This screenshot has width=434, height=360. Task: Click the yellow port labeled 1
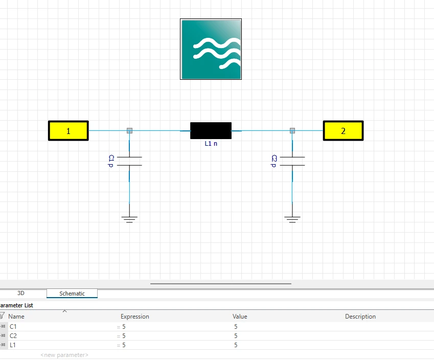(68, 131)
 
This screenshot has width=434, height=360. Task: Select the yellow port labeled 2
(343, 131)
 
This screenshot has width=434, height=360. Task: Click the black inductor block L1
(211, 131)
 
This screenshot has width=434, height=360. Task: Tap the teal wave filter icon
(211, 49)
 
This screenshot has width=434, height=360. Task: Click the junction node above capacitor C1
(129, 131)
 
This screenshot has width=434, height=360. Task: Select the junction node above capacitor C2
(292, 131)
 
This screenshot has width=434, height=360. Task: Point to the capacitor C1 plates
(129, 161)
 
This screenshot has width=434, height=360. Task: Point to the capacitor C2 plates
(292, 161)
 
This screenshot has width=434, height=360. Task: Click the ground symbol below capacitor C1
(129, 219)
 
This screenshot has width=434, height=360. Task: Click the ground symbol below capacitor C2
(292, 219)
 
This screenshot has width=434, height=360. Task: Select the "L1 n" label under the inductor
(211, 144)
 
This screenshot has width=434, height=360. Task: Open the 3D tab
(21, 293)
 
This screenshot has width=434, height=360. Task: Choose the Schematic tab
(72, 294)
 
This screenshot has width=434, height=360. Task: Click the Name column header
(16, 316)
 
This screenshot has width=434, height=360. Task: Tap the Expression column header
(135, 316)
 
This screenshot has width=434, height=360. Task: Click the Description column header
(360, 316)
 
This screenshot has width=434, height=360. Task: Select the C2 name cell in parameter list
(13, 336)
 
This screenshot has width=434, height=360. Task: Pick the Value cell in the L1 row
(236, 345)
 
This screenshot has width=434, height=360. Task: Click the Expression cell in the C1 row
(124, 327)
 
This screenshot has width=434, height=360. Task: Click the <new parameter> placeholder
(64, 355)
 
